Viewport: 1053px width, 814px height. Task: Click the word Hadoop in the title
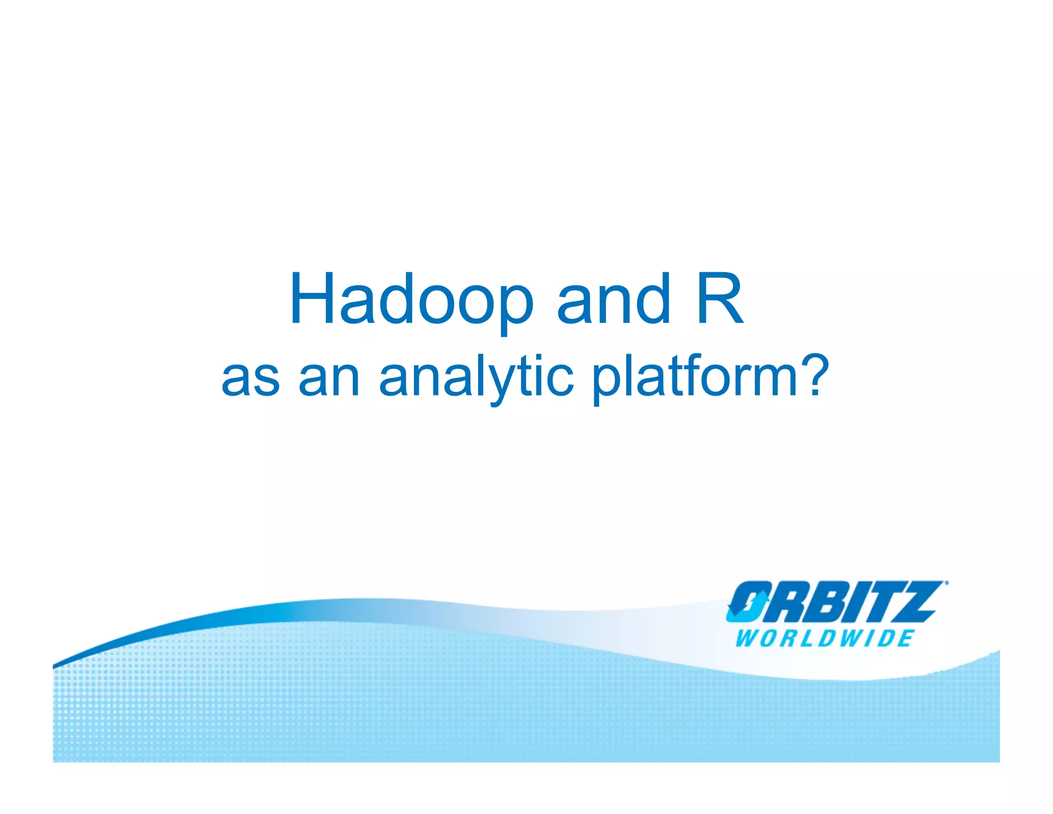tap(411, 300)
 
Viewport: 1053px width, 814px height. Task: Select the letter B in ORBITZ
tap(820, 602)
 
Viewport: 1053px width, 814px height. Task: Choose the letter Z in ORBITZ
tap(915, 602)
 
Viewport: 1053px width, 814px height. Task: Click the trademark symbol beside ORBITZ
tap(946, 583)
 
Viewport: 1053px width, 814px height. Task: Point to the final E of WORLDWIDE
tap(905, 639)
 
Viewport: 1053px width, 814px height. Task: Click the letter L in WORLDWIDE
tap(806, 639)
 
